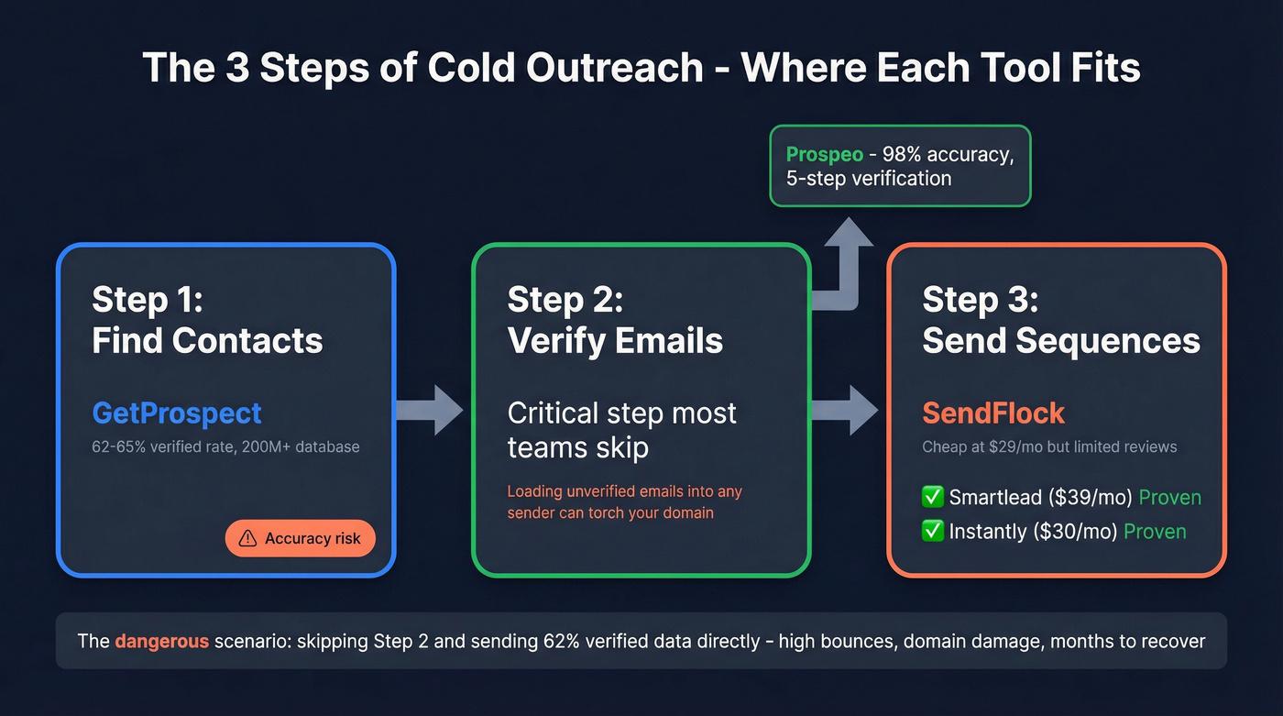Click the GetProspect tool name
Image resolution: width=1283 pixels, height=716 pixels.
tap(177, 413)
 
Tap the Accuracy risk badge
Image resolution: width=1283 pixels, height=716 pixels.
tap(300, 538)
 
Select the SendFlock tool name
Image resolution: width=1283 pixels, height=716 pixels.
tap(992, 413)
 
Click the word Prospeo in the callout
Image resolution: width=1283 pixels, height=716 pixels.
tap(824, 154)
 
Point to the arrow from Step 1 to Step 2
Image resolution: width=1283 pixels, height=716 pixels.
tap(430, 410)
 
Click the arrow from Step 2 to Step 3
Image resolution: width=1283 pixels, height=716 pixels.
tap(844, 410)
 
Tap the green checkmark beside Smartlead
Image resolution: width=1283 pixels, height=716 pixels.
tap(932, 498)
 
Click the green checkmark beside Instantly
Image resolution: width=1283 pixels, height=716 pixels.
tap(932, 532)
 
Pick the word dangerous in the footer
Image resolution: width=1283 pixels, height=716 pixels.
tap(162, 641)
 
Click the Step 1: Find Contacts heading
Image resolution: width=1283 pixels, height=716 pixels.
tap(207, 320)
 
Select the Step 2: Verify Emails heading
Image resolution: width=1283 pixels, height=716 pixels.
tap(615, 320)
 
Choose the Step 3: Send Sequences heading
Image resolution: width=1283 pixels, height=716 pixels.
tap(1060, 320)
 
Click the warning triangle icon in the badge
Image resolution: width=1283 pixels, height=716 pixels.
tap(247, 539)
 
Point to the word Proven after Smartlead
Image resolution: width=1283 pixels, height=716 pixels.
tap(1169, 498)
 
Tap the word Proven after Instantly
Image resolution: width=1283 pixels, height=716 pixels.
tap(1155, 532)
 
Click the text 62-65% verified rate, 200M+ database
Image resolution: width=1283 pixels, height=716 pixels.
tap(225, 447)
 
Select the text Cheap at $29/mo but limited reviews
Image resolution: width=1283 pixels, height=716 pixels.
tap(1049, 447)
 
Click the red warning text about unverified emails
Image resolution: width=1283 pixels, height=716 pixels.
tap(624, 501)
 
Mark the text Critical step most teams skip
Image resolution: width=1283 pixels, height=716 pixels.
tap(621, 429)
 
